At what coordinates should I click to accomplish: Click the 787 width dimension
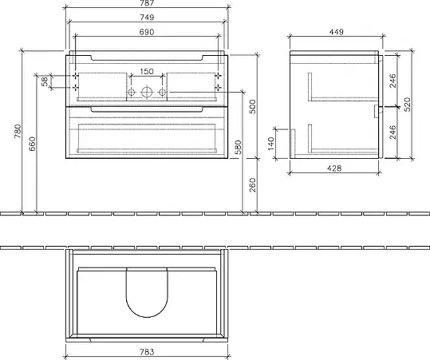pyautogui.click(x=147, y=2)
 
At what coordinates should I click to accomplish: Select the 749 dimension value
pyautogui.click(x=147, y=18)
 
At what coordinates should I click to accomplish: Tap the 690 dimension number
pyautogui.click(x=147, y=32)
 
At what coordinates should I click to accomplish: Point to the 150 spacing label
pyautogui.click(x=147, y=71)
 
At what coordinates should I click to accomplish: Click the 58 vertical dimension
pyautogui.click(x=45, y=81)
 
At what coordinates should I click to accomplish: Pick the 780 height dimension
pyautogui.click(x=18, y=131)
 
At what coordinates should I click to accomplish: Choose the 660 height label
pyautogui.click(x=32, y=144)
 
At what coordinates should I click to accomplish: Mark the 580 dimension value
pyautogui.click(x=239, y=147)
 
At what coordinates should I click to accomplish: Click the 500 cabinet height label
pyautogui.click(x=253, y=106)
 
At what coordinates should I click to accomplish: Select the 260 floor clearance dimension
pyautogui.click(x=253, y=185)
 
